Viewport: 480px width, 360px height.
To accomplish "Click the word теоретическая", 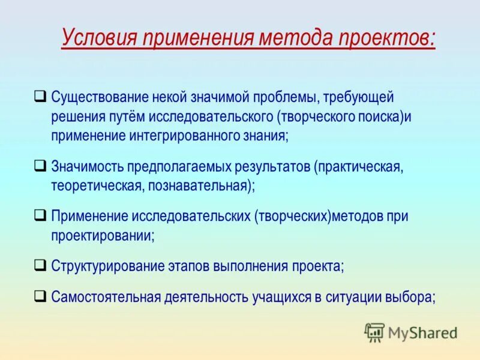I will click(96, 185).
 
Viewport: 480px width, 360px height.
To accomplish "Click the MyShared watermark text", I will click(422, 332).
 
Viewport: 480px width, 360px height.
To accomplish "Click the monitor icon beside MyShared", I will click(374, 332).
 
